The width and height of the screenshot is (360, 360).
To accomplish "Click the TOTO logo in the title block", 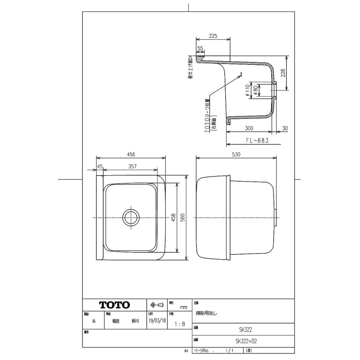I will (x=114, y=305).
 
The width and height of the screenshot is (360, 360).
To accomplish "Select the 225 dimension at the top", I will (x=213, y=36).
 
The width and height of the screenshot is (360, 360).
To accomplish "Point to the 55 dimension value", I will (x=200, y=48).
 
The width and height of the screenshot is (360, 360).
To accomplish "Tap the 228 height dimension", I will (x=283, y=73).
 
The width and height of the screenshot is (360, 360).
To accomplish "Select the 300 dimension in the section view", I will (x=250, y=129).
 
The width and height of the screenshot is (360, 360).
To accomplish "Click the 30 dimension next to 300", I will (x=284, y=129).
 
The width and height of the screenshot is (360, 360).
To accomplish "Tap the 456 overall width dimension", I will (x=131, y=154).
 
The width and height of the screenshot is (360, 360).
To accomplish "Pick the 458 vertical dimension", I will (x=173, y=218).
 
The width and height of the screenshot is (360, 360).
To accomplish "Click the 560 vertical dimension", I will (x=183, y=218).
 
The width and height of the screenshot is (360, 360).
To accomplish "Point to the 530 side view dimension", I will (x=236, y=154).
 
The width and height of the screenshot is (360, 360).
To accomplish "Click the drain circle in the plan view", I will (x=130, y=218).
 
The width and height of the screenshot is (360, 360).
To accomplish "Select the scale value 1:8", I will (x=180, y=324).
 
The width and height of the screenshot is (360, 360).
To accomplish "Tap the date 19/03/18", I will (x=157, y=321).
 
